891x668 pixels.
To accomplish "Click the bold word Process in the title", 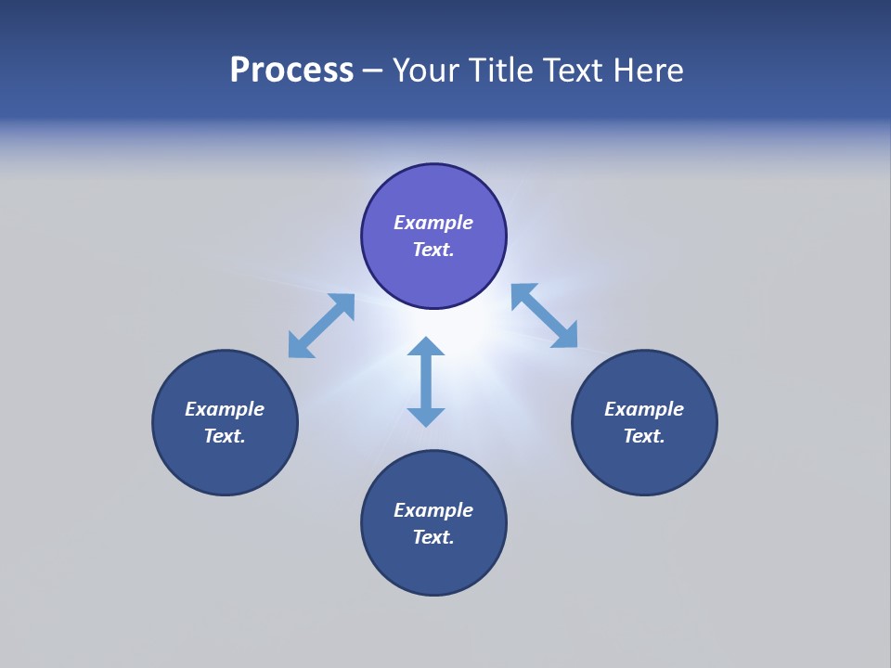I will click(291, 71).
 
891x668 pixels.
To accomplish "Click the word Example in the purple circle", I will click(433, 223).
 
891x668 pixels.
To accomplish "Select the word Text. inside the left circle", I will click(225, 436).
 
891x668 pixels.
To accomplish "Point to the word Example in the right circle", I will click(644, 409).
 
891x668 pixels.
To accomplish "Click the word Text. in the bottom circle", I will click(433, 537).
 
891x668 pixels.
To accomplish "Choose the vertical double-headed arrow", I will click(426, 381).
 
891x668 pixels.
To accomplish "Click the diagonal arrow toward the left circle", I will click(321, 326).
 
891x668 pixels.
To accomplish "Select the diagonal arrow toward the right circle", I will click(545, 316).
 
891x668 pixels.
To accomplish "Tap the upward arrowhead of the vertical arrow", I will click(426, 347).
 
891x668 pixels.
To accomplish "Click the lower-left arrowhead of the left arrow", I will click(299, 346).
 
